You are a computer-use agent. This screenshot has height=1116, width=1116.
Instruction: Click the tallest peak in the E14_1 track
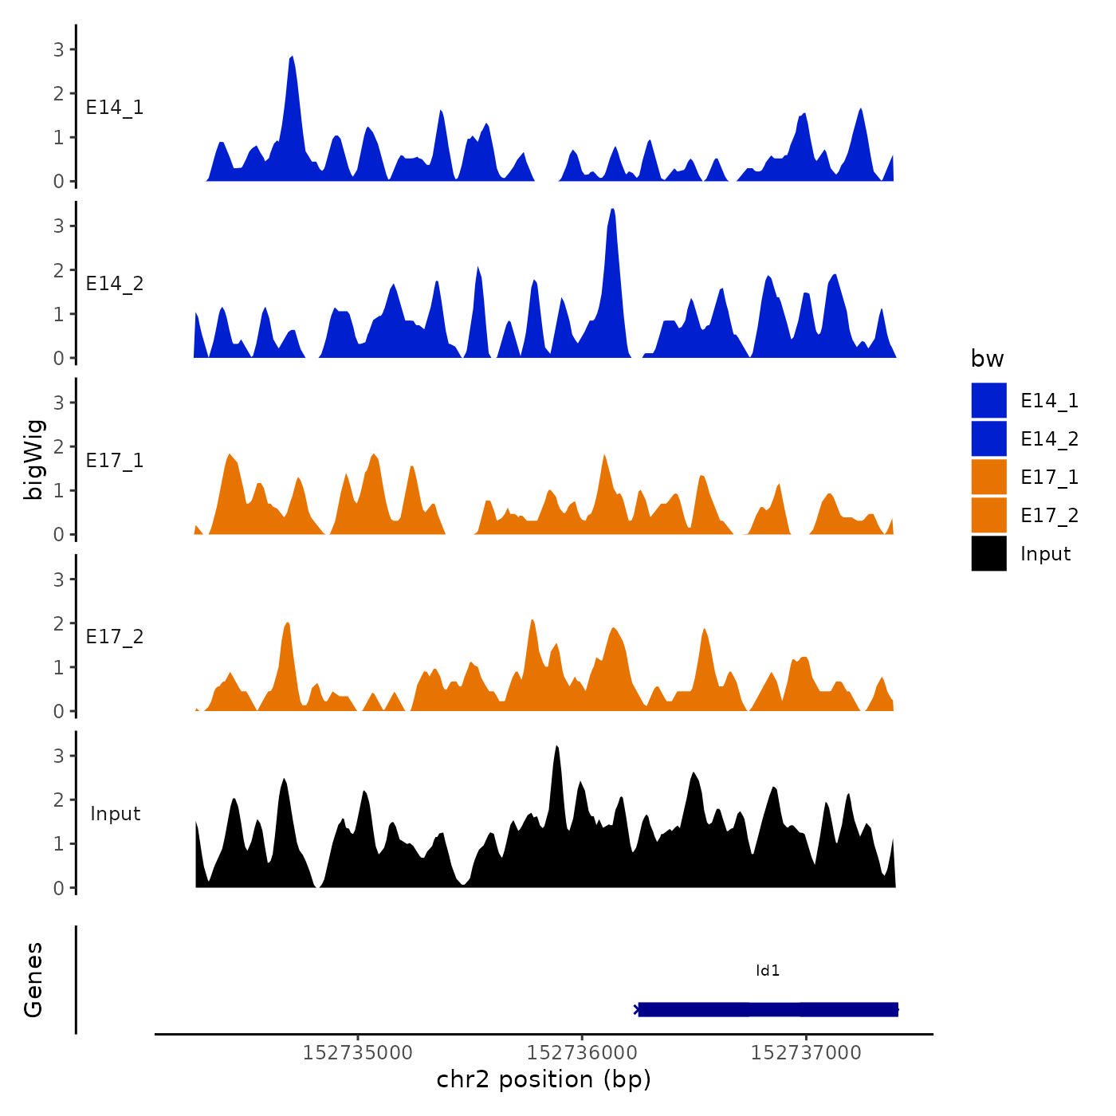pos(292,59)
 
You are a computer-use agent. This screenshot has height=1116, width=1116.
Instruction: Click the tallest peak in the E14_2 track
pos(612,211)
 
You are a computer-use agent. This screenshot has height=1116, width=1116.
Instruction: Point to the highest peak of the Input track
pos(556,749)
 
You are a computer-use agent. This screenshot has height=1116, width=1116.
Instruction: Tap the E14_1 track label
pos(115,108)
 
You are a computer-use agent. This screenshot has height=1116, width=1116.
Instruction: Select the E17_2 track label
pos(115,637)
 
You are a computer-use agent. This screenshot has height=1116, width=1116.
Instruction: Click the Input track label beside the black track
pos(115,814)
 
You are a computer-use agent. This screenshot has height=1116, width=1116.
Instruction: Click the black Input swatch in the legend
pos(988,553)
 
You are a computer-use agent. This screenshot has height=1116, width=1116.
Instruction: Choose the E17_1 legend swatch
pos(988,477)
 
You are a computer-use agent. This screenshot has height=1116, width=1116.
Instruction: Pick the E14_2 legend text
pos(1049,439)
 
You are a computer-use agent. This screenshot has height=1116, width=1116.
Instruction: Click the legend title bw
pos(987,359)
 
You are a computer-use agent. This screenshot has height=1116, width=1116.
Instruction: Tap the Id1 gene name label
pos(768,971)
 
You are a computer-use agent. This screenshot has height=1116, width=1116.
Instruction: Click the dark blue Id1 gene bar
pos(768,1009)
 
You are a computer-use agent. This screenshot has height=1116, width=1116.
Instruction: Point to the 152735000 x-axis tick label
pos(358,1053)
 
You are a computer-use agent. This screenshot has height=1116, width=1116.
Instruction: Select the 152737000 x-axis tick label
pos(806,1053)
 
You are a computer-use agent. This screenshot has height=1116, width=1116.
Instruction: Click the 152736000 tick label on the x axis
pos(582,1053)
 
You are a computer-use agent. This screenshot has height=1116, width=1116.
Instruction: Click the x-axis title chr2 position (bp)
pos(544,1079)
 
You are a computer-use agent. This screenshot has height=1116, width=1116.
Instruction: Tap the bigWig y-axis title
pos(33,459)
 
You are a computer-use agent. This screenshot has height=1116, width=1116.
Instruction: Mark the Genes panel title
pos(33,980)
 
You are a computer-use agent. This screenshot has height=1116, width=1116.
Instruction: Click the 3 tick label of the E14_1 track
pos(59,49)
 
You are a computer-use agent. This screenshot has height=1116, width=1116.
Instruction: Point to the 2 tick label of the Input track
pos(59,800)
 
